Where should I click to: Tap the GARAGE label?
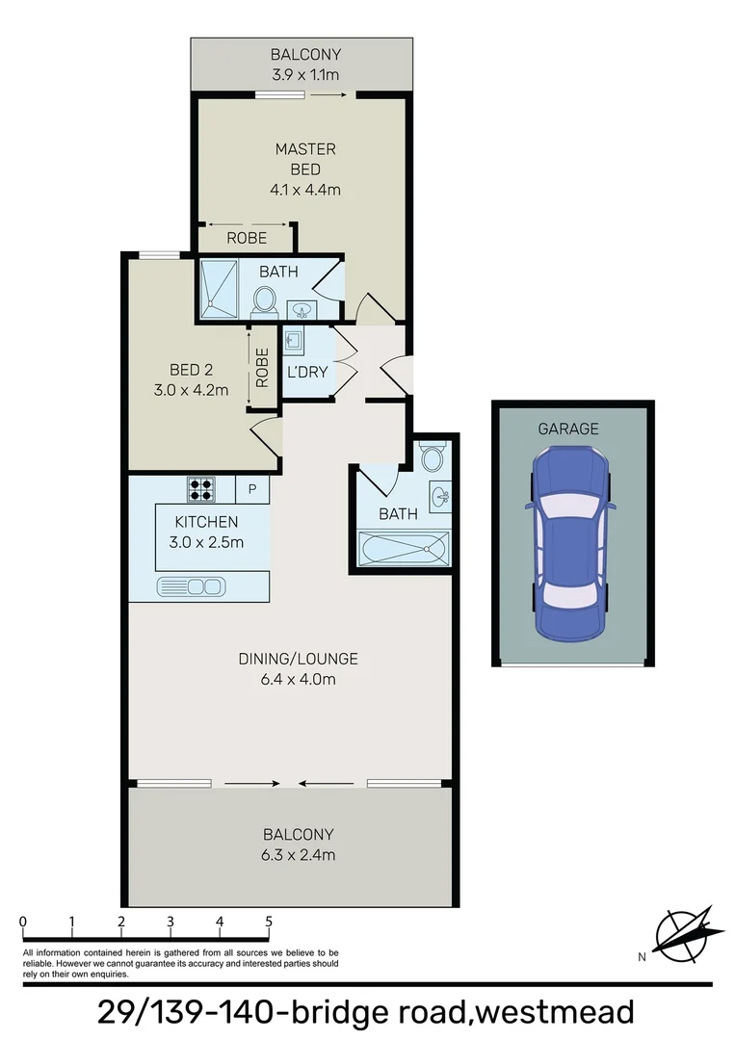pyautogui.click(x=567, y=429)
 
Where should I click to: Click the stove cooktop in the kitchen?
pyautogui.click(x=199, y=489)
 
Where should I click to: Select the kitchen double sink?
pyautogui.click(x=191, y=585)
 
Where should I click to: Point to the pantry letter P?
pyautogui.click(x=252, y=489)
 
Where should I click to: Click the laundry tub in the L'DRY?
pyautogui.click(x=293, y=341)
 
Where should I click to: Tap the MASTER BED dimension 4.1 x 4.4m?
pyautogui.click(x=305, y=190)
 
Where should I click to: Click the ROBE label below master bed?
pyautogui.click(x=247, y=238)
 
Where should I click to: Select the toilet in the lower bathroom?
pyautogui.click(x=433, y=456)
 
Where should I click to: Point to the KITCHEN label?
pyautogui.click(x=205, y=522)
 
